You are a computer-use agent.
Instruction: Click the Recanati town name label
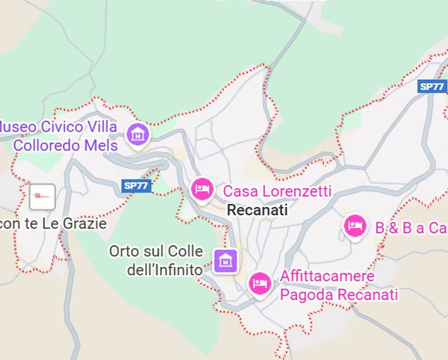click(x=257, y=210)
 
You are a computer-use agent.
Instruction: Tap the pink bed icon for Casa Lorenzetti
click(x=202, y=189)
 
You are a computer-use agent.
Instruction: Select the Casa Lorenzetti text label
click(x=277, y=191)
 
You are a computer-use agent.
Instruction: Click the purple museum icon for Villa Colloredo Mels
click(x=138, y=134)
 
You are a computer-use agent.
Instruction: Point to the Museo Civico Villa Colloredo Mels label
click(x=59, y=136)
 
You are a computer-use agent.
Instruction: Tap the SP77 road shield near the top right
click(x=432, y=86)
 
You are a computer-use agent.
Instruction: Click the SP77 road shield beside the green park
click(x=136, y=186)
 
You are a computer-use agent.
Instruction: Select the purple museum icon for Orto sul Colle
click(x=226, y=260)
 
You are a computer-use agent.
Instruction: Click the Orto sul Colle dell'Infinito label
click(x=156, y=260)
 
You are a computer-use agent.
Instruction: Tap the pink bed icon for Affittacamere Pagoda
click(x=260, y=283)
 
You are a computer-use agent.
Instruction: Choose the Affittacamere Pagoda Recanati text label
click(x=338, y=285)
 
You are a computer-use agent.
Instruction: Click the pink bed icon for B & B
click(x=355, y=226)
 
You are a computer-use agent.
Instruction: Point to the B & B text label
click(x=411, y=228)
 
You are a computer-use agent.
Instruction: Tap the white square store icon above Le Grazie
click(x=42, y=197)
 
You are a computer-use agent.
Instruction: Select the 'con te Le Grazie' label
click(x=53, y=224)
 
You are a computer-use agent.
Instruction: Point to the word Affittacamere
click(x=327, y=276)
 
